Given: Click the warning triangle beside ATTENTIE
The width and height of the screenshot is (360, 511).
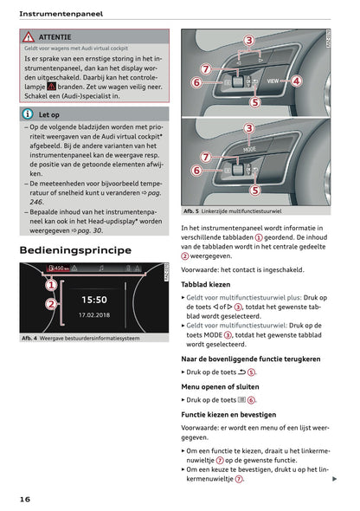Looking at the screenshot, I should tap(29, 37).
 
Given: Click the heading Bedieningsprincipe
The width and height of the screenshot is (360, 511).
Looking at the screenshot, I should tap(75, 250).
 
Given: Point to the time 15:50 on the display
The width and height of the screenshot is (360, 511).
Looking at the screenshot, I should tap(93, 299).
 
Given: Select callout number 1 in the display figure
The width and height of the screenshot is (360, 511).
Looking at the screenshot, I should tap(51, 284).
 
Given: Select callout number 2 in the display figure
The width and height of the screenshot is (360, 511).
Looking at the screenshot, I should tap(51, 305).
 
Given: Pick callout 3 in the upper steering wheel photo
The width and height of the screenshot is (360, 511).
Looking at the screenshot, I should tap(248, 41).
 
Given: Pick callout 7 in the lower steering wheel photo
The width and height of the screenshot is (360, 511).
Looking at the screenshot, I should tap(205, 157).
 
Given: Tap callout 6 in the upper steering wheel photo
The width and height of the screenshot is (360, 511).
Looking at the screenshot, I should tap(196, 82).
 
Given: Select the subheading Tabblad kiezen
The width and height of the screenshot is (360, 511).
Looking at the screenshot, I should tap(206, 284).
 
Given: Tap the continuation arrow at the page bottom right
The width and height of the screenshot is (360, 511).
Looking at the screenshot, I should tap(334, 477).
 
